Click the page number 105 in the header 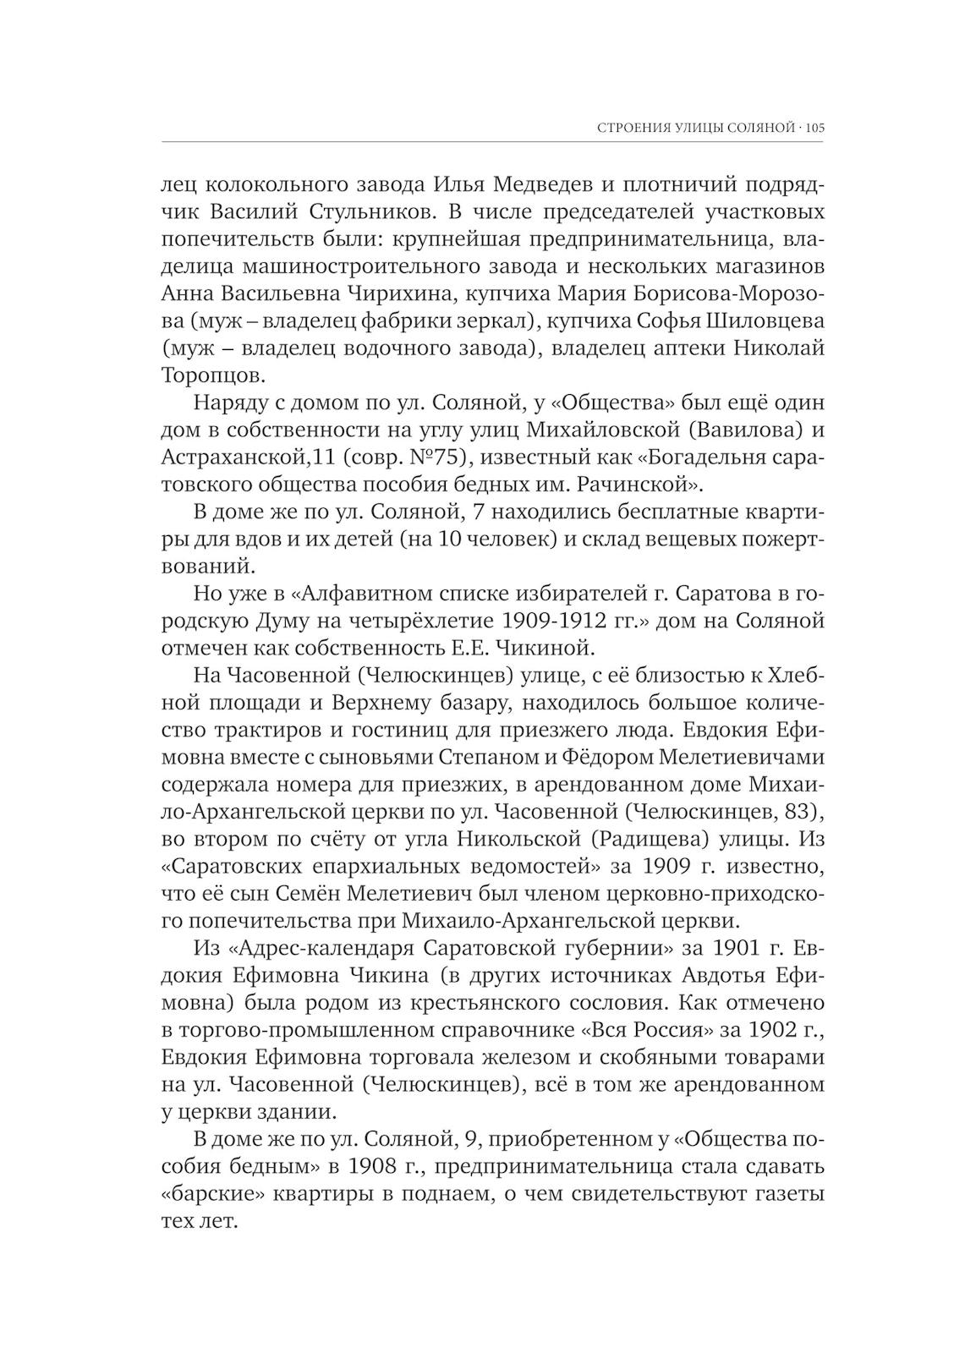814,129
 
